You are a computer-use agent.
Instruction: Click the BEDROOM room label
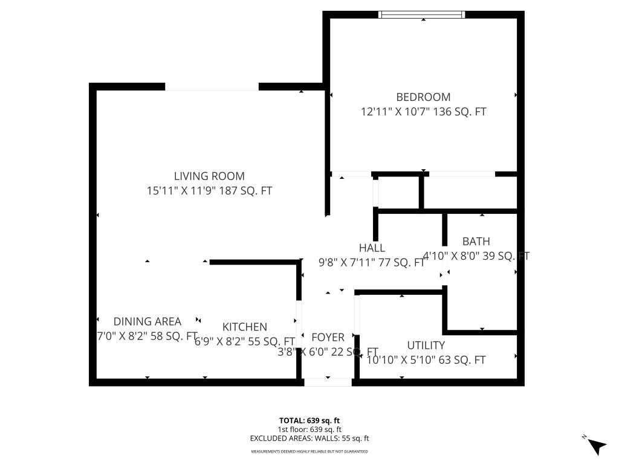pyautogui.click(x=423, y=97)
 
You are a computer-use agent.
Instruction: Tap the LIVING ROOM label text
pyautogui.click(x=209, y=176)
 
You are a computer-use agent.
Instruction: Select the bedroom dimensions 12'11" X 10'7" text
pyautogui.click(x=423, y=112)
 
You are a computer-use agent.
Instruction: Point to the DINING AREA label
pyautogui.click(x=147, y=321)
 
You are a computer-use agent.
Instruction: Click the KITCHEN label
pyautogui.click(x=244, y=327)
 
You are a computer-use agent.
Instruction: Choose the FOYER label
pyautogui.click(x=328, y=337)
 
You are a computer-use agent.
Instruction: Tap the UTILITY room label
pyautogui.click(x=426, y=346)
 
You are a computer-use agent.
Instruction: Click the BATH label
pyautogui.click(x=476, y=242)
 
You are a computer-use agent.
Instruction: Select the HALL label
pyautogui.click(x=372, y=248)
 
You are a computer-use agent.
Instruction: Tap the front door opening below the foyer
pyautogui.click(x=328, y=382)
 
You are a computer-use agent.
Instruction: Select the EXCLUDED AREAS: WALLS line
pyautogui.click(x=309, y=439)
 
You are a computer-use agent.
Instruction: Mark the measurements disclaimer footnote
pyautogui.click(x=309, y=451)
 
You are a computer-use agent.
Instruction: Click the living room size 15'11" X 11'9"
pyautogui.click(x=209, y=191)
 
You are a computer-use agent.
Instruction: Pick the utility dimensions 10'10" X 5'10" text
pyautogui.click(x=426, y=360)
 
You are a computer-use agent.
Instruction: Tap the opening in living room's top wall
pyautogui.click(x=212, y=87)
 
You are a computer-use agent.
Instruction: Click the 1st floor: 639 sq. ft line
pyautogui.click(x=309, y=430)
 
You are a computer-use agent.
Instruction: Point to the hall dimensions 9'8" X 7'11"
pyautogui.click(x=372, y=263)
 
